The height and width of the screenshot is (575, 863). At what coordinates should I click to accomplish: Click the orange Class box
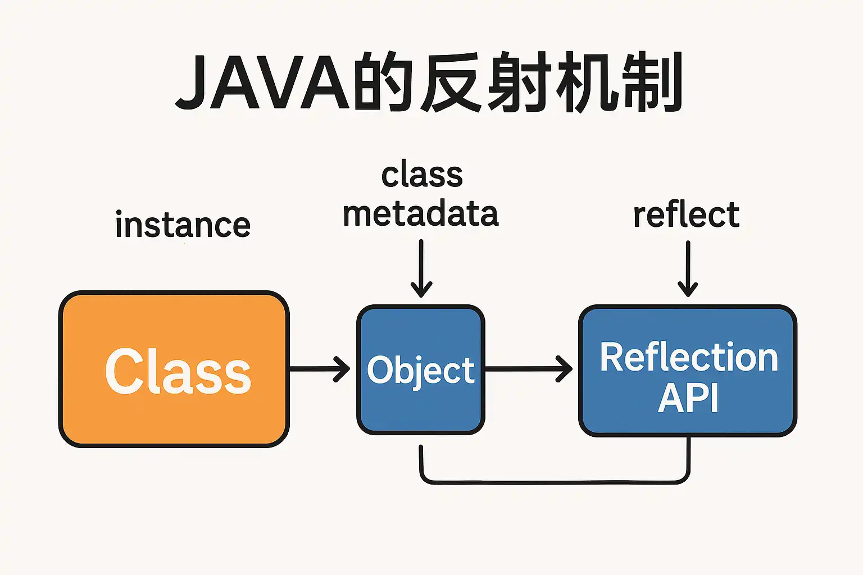click(174, 369)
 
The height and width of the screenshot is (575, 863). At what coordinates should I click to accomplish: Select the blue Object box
click(421, 369)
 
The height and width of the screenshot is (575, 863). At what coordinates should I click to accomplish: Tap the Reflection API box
click(688, 371)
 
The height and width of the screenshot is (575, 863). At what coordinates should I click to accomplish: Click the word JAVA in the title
click(262, 82)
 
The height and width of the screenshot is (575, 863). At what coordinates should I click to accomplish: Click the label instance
click(183, 224)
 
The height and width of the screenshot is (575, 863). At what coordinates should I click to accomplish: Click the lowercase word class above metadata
click(423, 175)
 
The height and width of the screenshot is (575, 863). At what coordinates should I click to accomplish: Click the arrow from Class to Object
click(320, 369)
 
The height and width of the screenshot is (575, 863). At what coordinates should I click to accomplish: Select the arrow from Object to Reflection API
click(529, 369)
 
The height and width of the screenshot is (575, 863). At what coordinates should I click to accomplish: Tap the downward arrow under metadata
click(421, 268)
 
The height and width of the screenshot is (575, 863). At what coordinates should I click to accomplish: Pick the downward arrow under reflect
click(688, 269)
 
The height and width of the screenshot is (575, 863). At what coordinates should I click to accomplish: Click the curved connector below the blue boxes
click(555, 482)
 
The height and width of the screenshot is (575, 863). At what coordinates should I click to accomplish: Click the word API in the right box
click(688, 398)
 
